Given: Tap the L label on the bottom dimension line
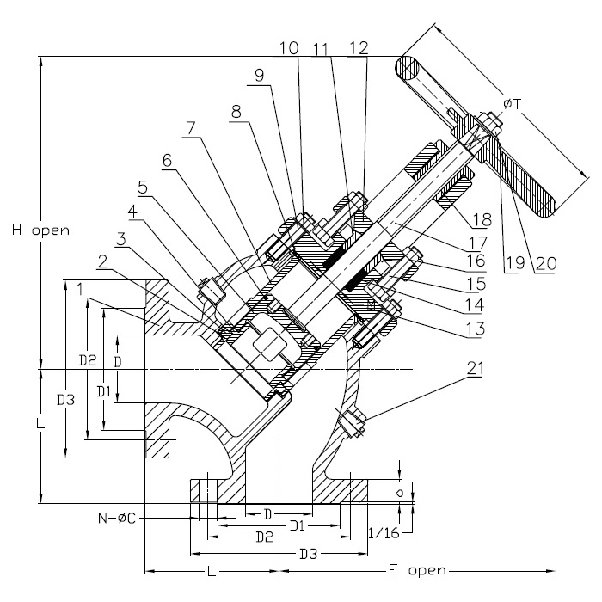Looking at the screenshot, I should [212, 570].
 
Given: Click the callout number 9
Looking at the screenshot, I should [260, 76].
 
